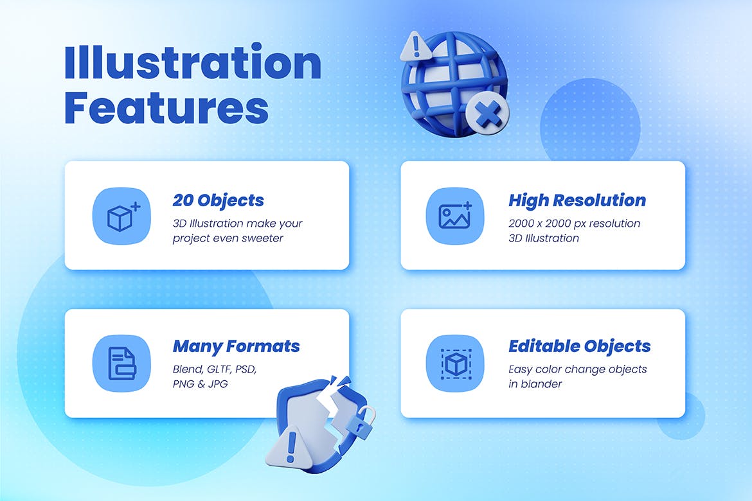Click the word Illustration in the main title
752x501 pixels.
[193, 62]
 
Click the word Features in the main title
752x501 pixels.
[166, 108]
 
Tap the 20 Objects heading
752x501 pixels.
[219, 200]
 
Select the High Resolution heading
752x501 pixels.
[577, 200]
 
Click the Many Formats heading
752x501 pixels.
[236, 346]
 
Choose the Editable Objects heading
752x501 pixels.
[579, 346]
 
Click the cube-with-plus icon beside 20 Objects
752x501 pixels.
[122, 216]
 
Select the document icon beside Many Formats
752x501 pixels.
[122, 364]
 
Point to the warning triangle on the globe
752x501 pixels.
[415, 46]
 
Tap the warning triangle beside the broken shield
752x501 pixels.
[290, 446]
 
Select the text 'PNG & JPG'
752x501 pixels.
[200, 384]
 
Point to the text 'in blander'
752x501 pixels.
[535, 384]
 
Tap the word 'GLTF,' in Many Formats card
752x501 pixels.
[219, 369]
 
